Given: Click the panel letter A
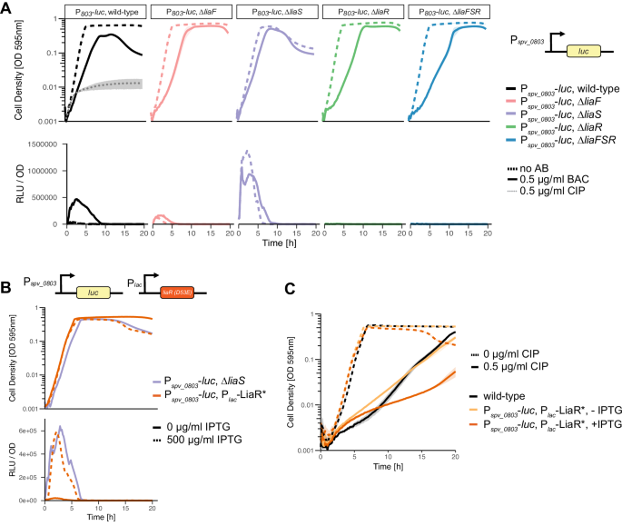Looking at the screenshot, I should pos(6,7).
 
